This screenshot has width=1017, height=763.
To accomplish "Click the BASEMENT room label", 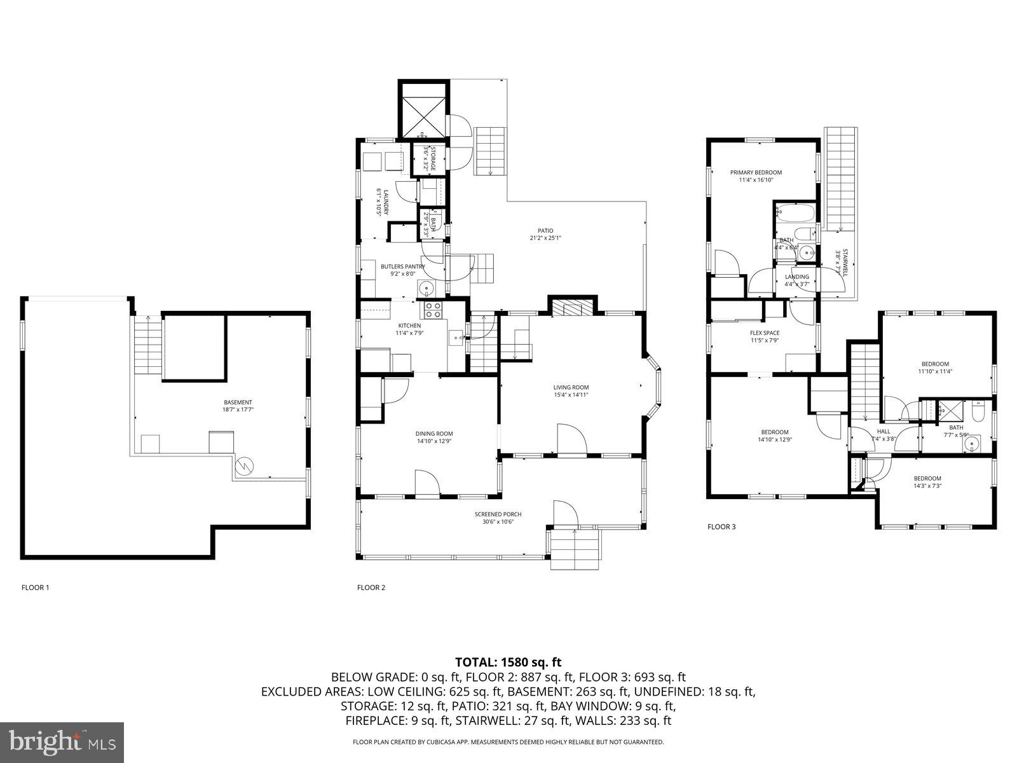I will pos(238,402).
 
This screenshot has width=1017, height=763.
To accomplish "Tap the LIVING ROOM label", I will pos(571,387).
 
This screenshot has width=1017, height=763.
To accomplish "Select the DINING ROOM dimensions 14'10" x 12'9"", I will pos(435,441).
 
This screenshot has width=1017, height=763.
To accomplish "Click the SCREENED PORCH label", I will pos(498,514).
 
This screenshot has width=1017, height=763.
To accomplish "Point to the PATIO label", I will pos(545,231).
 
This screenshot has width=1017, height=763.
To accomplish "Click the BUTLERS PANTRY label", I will pos(398,266).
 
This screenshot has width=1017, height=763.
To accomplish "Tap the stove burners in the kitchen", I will pos(433,310).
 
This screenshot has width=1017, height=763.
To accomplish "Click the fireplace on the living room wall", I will pos(572,308).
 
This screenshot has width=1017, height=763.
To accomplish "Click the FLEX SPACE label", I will pos(764,333).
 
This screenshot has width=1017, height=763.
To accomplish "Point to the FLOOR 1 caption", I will pos(35,588).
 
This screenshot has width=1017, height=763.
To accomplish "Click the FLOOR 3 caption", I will pos(721,526).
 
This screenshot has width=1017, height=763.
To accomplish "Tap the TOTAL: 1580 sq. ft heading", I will pos(508,662).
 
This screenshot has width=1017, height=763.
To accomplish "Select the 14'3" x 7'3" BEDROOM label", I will pos(927,479).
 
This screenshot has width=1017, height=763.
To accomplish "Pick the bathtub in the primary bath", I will pos(795,212).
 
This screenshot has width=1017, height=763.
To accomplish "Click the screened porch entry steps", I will pos(575,549).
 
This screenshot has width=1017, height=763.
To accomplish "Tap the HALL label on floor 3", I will pos(884,431).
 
